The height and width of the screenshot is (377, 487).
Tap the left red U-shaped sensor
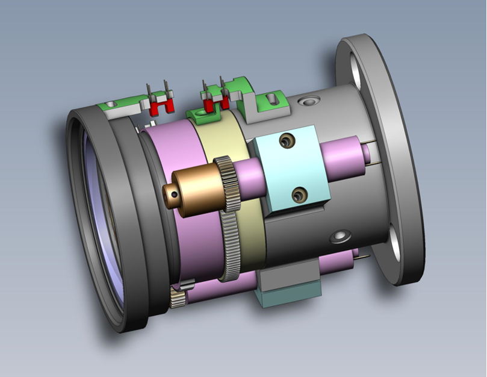[x=160, y=108]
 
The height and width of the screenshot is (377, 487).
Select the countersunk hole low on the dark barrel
[x=341, y=234]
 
